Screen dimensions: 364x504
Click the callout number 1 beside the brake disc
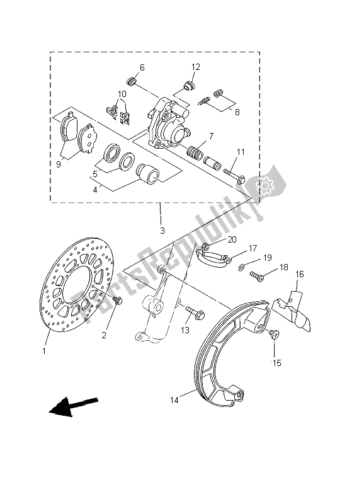(44, 352)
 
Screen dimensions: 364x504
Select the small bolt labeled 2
(118, 301)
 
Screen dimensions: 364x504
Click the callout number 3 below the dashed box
(162, 230)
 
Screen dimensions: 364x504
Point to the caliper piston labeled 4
(147, 172)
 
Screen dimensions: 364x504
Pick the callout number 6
(142, 67)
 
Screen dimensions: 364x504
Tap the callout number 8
(237, 113)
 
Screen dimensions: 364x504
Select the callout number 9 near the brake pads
(58, 164)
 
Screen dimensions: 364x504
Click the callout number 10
(122, 94)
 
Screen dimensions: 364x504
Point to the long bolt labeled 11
(234, 175)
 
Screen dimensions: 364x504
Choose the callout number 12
(196, 67)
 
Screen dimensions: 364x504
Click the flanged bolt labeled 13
(195, 312)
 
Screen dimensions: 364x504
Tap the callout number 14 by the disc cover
(174, 400)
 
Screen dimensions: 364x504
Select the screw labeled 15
(275, 334)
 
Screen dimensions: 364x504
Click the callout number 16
(299, 274)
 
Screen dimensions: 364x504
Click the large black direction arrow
(73, 406)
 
